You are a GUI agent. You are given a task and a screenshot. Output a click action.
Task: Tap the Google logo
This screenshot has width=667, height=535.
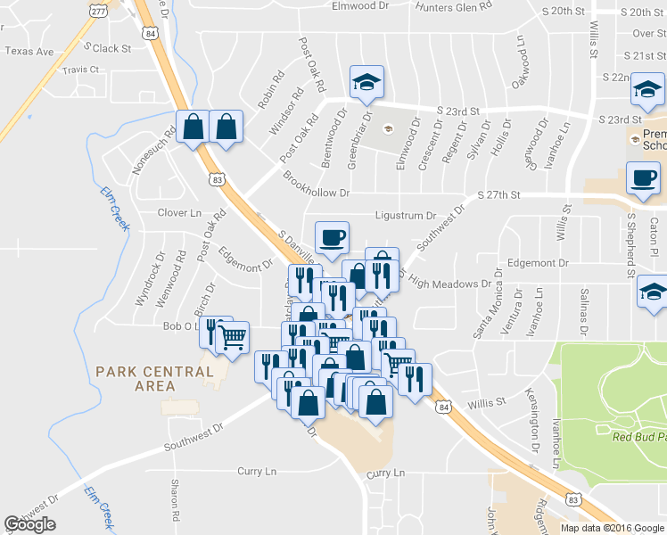coord(30,524)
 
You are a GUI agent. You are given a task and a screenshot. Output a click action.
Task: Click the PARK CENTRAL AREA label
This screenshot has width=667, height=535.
coord(154,378)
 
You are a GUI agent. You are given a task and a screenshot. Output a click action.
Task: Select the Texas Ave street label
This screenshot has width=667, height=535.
coord(29,52)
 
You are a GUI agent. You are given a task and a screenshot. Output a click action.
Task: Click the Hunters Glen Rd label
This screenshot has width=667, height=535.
coord(455,6)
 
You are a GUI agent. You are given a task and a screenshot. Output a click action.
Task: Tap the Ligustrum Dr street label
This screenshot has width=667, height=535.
coord(405,216)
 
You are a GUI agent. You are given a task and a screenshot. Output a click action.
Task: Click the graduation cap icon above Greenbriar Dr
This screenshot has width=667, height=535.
coord(365,82)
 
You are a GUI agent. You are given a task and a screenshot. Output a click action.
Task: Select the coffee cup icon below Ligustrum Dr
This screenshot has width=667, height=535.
coord(332,237)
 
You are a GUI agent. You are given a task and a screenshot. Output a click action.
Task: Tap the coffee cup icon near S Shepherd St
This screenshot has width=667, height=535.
coord(643,177)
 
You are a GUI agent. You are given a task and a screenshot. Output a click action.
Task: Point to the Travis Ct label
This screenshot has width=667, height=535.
coord(80,70)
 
